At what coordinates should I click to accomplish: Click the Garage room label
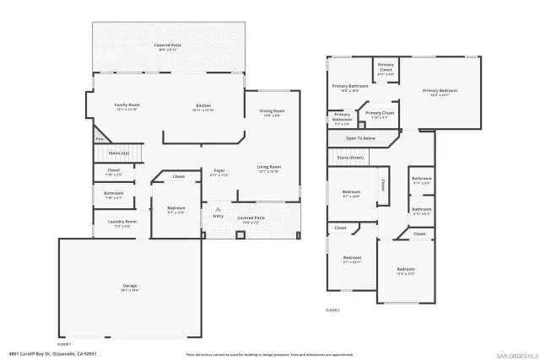(x=131, y=287)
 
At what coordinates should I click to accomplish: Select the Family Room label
(x=127, y=105)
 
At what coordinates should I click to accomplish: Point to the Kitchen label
(x=203, y=105)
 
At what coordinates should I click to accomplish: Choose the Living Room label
(x=268, y=167)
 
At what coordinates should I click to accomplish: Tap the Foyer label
(x=219, y=171)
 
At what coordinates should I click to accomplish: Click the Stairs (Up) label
(x=119, y=153)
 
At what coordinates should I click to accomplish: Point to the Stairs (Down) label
(x=349, y=158)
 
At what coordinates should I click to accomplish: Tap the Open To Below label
(x=360, y=137)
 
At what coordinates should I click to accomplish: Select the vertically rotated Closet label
(x=382, y=183)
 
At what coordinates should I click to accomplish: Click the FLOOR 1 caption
(x=64, y=344)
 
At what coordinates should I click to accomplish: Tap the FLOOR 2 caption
(x=332, y=310)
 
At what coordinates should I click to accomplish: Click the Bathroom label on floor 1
(x=114, y=193)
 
